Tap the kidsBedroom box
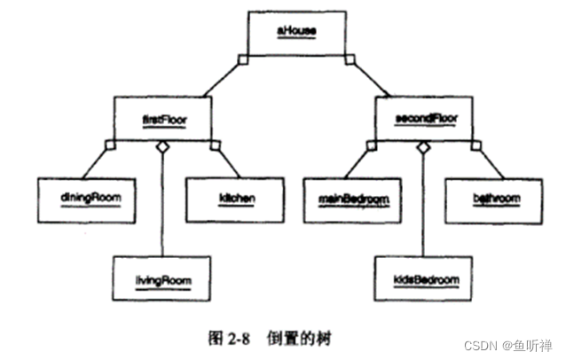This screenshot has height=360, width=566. click(422, 280)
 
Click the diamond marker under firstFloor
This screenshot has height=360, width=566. click(161, 147)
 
